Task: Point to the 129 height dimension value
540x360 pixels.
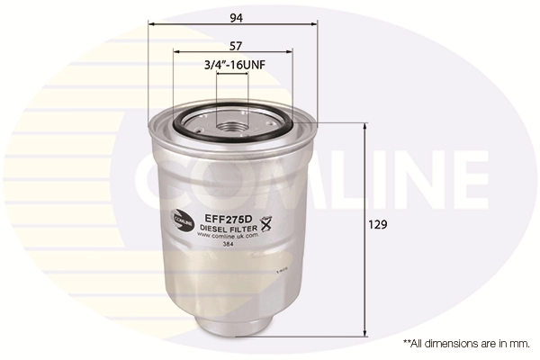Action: pos(380,224)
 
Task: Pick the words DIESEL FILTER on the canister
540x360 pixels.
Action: pos(230,229)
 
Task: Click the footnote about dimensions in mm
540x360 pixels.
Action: pos(466,344)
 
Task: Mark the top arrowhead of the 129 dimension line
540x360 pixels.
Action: pos(364,126)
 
